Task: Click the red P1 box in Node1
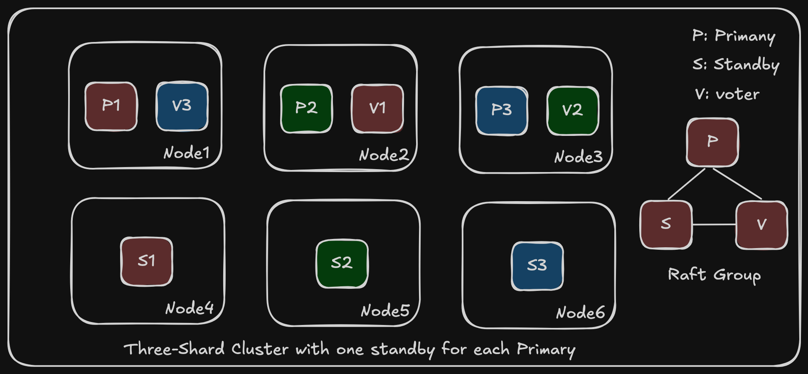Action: pyautogui.click(x=111, y=106)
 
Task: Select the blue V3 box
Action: pyautogui.click(x=182, y=106)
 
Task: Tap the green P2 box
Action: pyautogui.click(x=306, y=108)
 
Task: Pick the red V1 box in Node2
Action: pyautogui.click(x=377, y=108)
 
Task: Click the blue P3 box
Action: pyautogui.click(x=502, y=111)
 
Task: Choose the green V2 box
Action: pyautogui.click(x=573, y=111)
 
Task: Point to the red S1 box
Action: pyautogui.click(x=146, y=261)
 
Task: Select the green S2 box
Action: pyautogui.click(x=342, y=263)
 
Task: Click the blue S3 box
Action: pyautogui.click(x=537, y=266)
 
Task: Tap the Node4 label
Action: pyautogui.click(x=190, y=308)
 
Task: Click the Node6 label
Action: pyautogui.click(x=580, y=313)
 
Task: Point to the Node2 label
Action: pyautogui.click(x=384, y=155)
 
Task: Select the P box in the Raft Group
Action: pyautogui.click(x=712, y=142)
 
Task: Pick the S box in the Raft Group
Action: pyautogui.click(x=666, y=224)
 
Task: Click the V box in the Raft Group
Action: pyautogui.click(x=761, y=225)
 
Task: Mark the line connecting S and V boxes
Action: pyautogui.click(x=714, y=224)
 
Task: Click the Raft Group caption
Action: pyautogui.click(x=714, y=275)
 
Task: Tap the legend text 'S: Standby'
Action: pyautogui.click(x=736, y=65)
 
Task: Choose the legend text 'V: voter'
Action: pyautogui.click(x=727, y=94)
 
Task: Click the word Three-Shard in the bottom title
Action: pyautogui.click(x=174, y=349)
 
